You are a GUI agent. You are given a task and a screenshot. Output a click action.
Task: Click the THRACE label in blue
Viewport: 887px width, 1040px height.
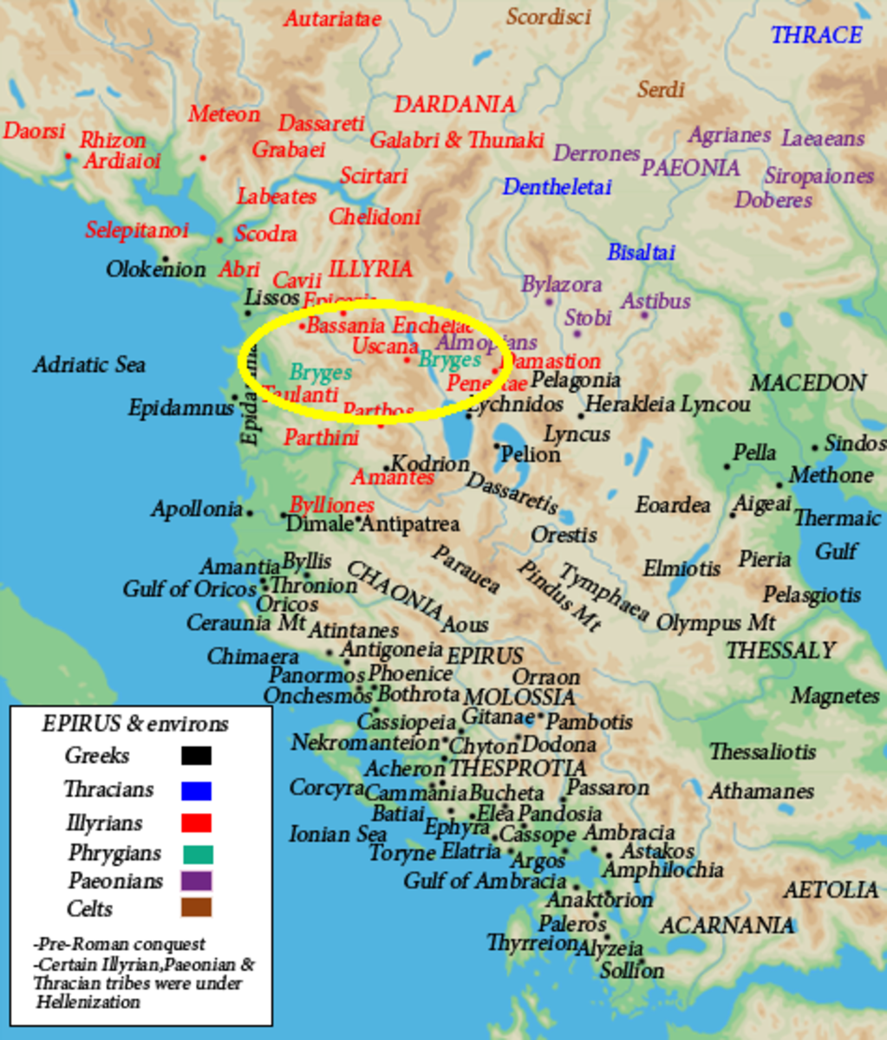point(816,35)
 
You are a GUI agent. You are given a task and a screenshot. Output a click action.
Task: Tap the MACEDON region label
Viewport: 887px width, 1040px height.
point(807,383)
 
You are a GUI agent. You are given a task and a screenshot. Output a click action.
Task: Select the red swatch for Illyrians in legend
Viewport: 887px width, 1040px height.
point(196,822)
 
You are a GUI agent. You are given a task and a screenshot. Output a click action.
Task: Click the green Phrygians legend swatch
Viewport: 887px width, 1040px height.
point(198,854)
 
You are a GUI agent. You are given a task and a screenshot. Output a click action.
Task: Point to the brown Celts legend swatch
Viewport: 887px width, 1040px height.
point(196,907)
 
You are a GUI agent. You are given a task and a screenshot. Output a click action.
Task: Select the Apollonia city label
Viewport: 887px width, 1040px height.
point(196,509)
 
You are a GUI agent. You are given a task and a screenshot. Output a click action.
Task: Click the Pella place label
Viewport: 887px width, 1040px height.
point(753,452)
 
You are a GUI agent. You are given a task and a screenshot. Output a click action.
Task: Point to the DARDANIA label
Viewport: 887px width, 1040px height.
point(454,105)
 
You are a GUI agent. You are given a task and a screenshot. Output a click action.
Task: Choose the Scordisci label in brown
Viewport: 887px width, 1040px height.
point(548,16)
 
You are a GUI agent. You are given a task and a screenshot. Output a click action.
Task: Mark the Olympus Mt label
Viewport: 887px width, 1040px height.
point(714,622)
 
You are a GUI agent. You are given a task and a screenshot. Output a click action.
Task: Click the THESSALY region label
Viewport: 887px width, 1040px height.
point(780,650)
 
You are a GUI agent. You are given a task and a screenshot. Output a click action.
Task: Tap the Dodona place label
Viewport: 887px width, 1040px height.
point(558,744)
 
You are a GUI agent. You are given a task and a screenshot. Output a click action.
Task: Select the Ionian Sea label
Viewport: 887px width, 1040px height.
point(337,835)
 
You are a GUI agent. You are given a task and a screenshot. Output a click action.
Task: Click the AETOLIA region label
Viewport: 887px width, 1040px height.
point(831,890)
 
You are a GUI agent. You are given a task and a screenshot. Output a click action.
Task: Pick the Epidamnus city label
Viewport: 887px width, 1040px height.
point(180,407)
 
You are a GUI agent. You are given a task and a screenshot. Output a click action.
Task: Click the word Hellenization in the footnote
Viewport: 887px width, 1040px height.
point(88,1002)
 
